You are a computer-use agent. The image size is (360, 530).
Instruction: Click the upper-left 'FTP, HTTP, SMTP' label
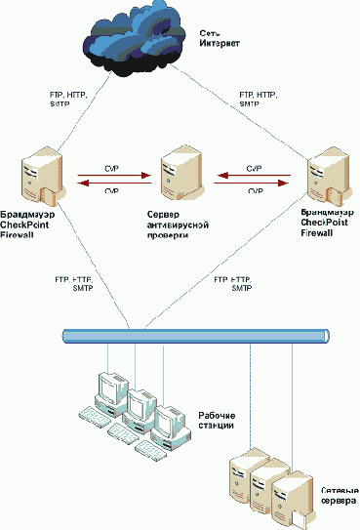68,101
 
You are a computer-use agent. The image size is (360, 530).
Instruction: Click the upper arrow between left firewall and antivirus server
110,177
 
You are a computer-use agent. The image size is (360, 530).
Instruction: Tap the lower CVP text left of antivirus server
110,192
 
